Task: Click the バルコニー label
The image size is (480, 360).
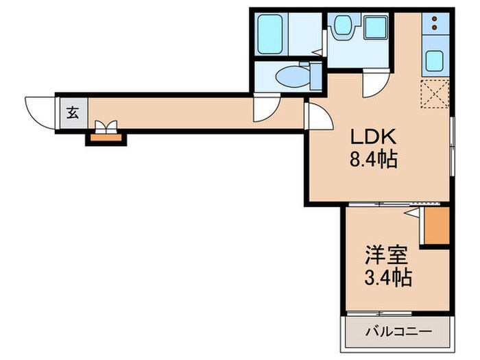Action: point(398,332)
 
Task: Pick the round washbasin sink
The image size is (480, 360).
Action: point(341,27)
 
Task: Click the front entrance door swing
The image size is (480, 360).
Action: point(40,110)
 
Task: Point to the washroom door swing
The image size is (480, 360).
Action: point(374,84)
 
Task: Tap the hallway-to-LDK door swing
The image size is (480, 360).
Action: point(318,117)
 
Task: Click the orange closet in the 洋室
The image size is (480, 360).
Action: point(435,226)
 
